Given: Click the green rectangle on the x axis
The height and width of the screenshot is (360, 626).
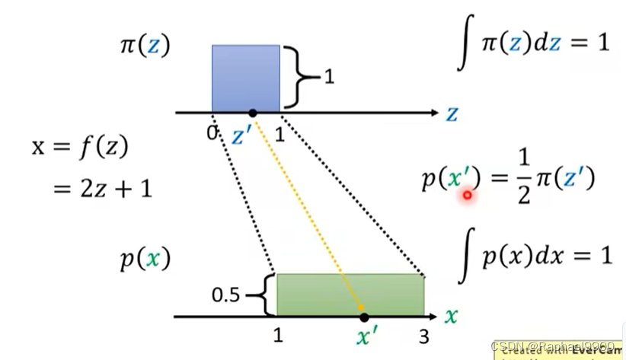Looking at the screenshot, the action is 350,295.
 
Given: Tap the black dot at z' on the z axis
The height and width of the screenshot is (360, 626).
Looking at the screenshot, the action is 253,113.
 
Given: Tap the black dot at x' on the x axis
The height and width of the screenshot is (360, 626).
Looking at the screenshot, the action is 364,316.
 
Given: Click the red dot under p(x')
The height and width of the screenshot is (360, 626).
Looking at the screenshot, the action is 467,196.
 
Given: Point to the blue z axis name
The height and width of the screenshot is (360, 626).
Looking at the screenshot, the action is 452,114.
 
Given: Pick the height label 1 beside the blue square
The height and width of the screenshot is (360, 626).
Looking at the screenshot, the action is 328,77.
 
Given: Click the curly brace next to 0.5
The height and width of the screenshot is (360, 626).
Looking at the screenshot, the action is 267,295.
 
